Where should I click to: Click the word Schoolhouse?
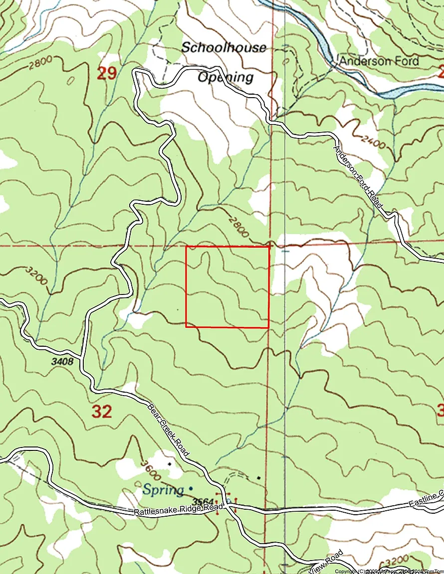coord(223,48)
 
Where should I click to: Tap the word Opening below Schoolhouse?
coord(225,77)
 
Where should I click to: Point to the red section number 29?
coord(106,74)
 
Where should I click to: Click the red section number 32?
coord(102,412)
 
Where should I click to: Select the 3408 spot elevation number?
coord(62,362)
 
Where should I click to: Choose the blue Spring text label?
coord(163,489)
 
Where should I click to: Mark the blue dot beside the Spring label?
coord(191,488)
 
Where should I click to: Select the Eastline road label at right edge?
coord(426,497)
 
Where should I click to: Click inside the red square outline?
coord(227,287)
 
